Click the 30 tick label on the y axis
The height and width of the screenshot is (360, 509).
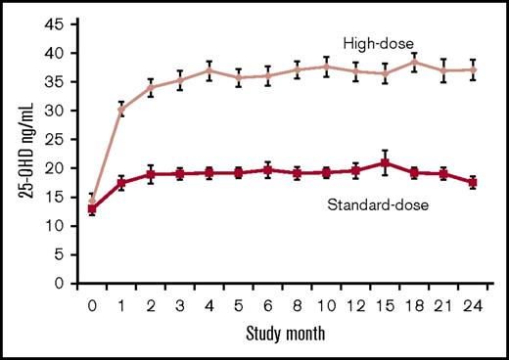click(62, 111)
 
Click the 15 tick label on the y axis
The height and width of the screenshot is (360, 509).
click(62, 198)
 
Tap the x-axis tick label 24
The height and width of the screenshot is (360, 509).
click(475, 306)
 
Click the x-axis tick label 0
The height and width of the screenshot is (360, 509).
click(93, 306)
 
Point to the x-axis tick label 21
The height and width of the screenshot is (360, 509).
click(444, 306)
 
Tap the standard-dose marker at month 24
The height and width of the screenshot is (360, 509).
click(474, 182)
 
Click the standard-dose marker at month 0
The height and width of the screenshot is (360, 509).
click(93, 208)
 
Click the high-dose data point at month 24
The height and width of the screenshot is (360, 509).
click(474, 69)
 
